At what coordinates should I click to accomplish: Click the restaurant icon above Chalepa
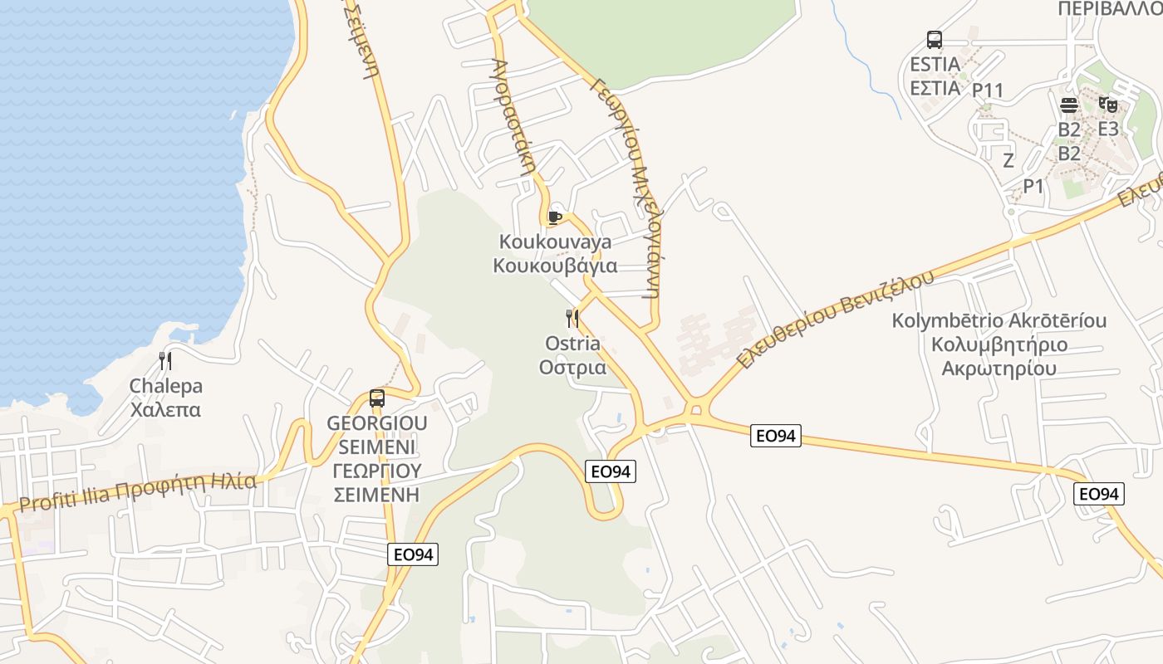pyautogui.click(x=165, y=361)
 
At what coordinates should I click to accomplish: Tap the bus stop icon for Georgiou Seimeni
pyautogui.click(x=377, y=398)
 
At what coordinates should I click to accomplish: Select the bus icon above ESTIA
pyautogui.click(x=935, y=40)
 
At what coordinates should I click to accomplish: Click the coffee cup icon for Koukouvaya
pyautogui.click(x=555, y=217)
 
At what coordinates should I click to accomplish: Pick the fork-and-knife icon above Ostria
pyautogui.click(x=572, y=318)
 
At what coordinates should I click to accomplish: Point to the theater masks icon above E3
pyautogui.click(x=1107, y=105)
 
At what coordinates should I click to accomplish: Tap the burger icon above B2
pyautogui.click(x=1069, y=105)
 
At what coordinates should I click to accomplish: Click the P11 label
pyautogui.click(x=989, y=90)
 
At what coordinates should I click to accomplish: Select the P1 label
pyautogui.click(x=1033, y=186)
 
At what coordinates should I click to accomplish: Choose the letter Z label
pyautogui.click(x=1008, y=160)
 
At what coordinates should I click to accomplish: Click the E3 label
pyautogui.click(x=1108, y=129)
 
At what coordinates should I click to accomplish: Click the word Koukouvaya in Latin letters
pyautogui.click(x=555, y=242)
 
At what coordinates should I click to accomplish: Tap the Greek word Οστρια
pyautogui.click(x=572, y=367)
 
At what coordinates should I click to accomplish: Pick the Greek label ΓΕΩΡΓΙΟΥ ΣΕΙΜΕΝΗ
pyautogui.click(x=376, y=483)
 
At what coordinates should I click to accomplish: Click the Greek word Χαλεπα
pyautogui.click(x=165, y=410)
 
